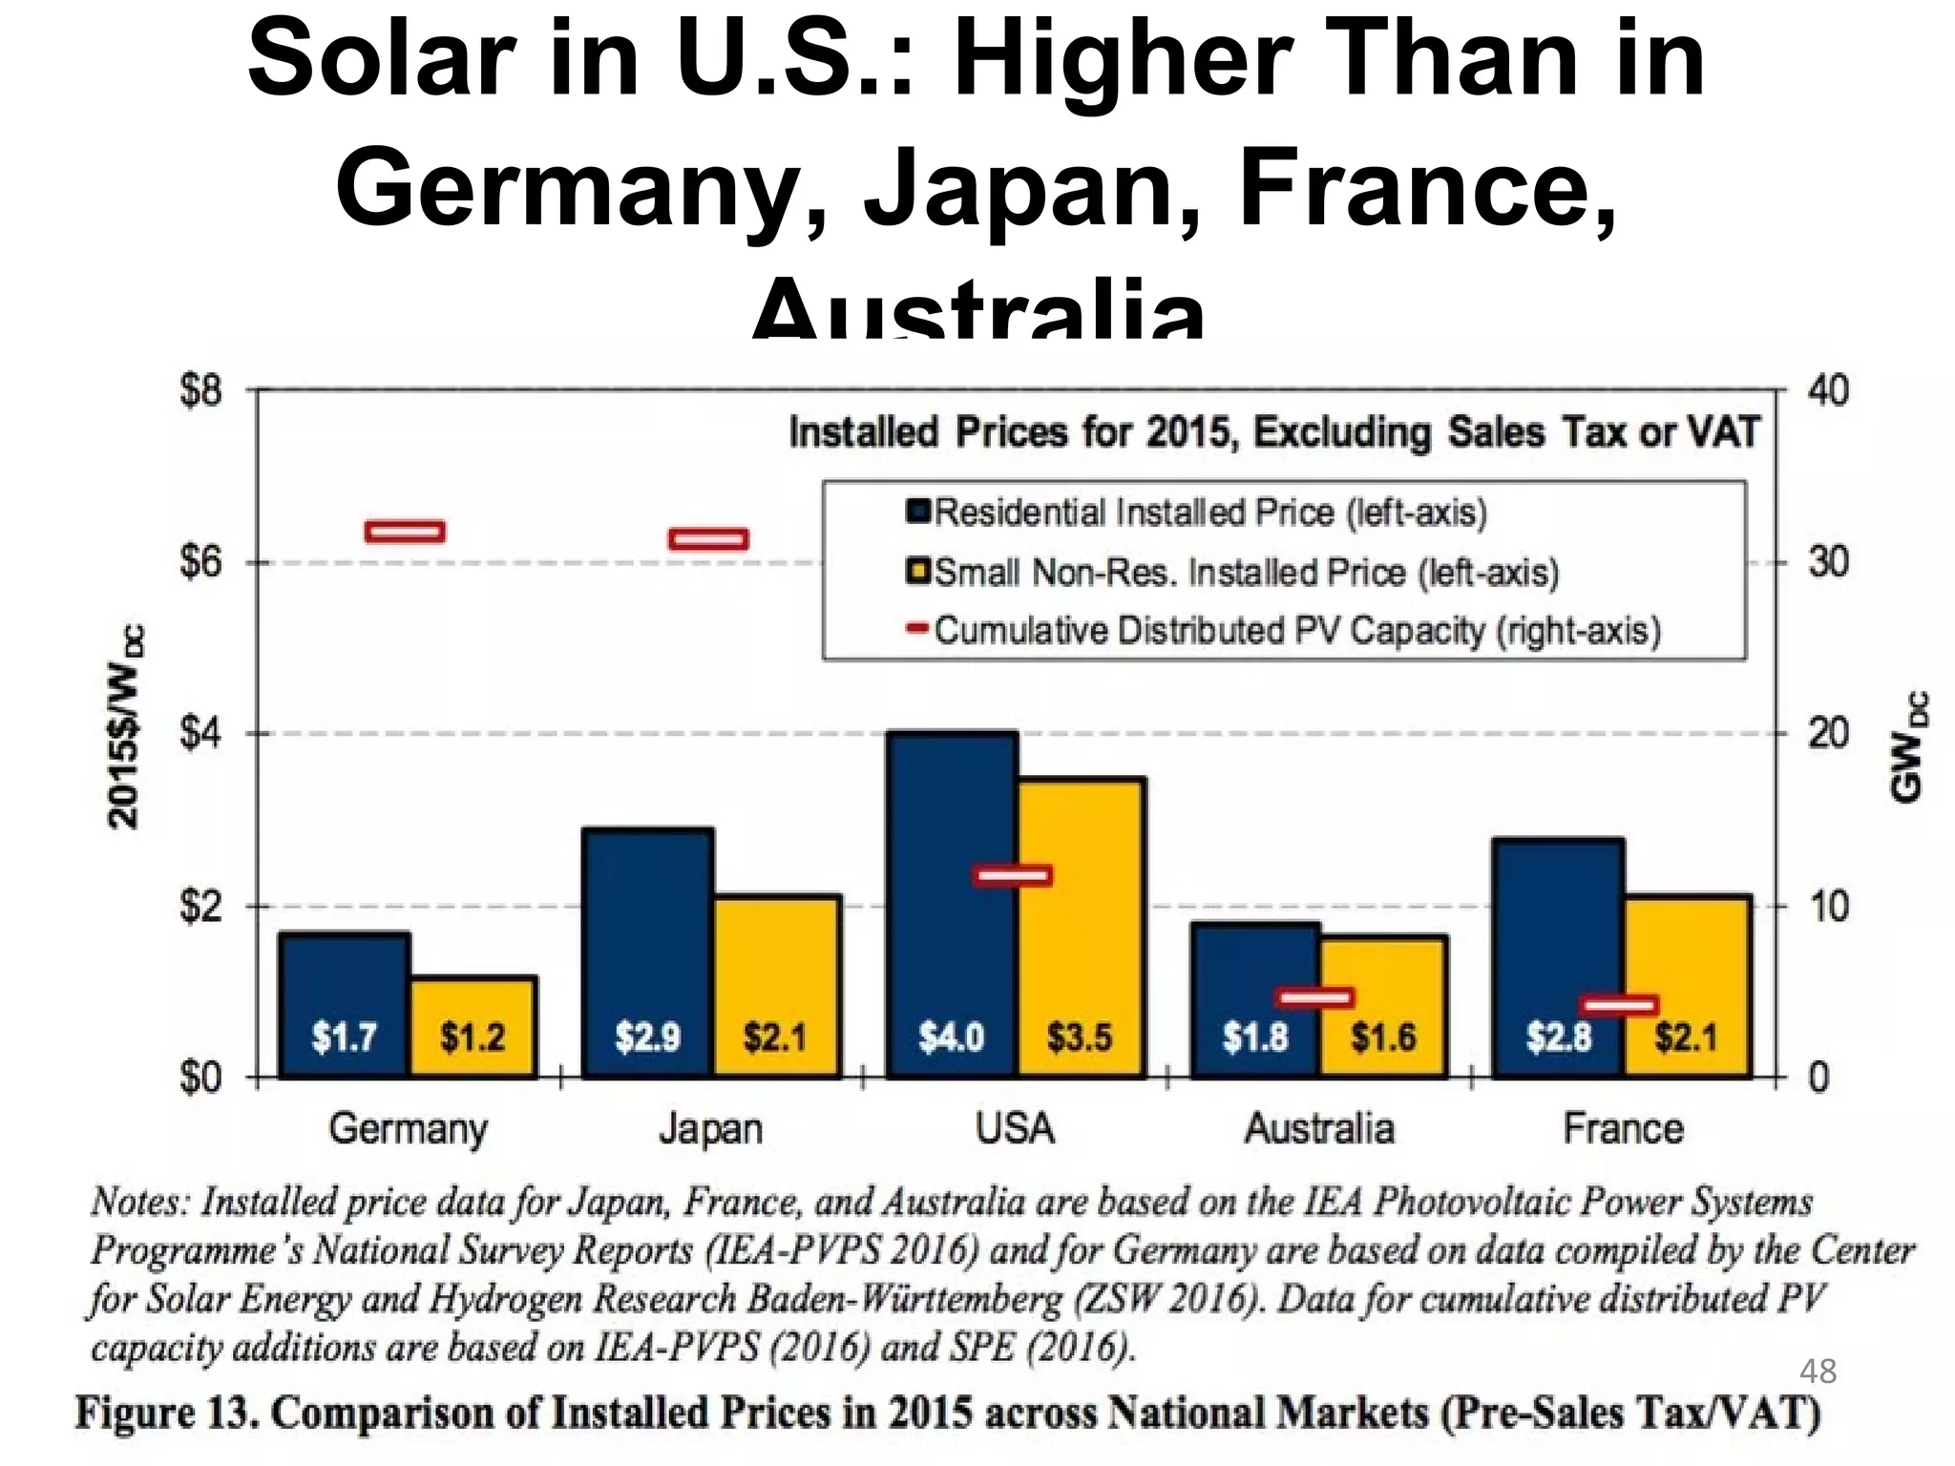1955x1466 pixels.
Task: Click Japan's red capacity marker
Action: point(708,539)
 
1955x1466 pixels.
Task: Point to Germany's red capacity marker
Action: point(405,532)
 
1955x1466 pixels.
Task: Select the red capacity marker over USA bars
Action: point(1013,875)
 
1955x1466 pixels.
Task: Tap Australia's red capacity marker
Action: point(1317,997)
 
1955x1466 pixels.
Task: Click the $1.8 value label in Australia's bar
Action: point(1255,1037)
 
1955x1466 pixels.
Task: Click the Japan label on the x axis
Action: point(710,1129)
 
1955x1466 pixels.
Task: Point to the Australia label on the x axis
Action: point(1319,1129)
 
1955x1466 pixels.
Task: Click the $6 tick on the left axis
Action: point(200,562)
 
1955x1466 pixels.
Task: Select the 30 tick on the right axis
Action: point(1828,562)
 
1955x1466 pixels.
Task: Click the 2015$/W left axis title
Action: point(125,725)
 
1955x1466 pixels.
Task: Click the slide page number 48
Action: point(1818,1372)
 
